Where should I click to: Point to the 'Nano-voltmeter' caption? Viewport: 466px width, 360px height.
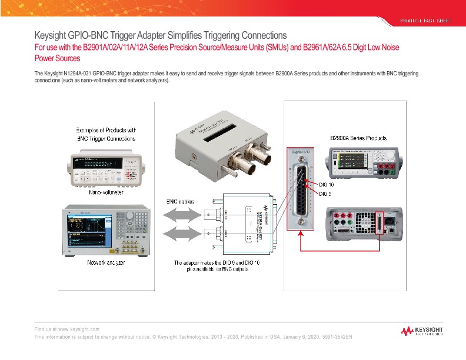coord(106,192)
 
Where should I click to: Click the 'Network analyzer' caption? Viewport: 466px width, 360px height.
coord(106,262)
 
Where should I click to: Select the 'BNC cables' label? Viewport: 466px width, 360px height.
coord(177,201)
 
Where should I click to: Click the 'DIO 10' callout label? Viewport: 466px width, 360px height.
coord(327,184)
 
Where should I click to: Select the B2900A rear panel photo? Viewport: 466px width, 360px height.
coord(365,223)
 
